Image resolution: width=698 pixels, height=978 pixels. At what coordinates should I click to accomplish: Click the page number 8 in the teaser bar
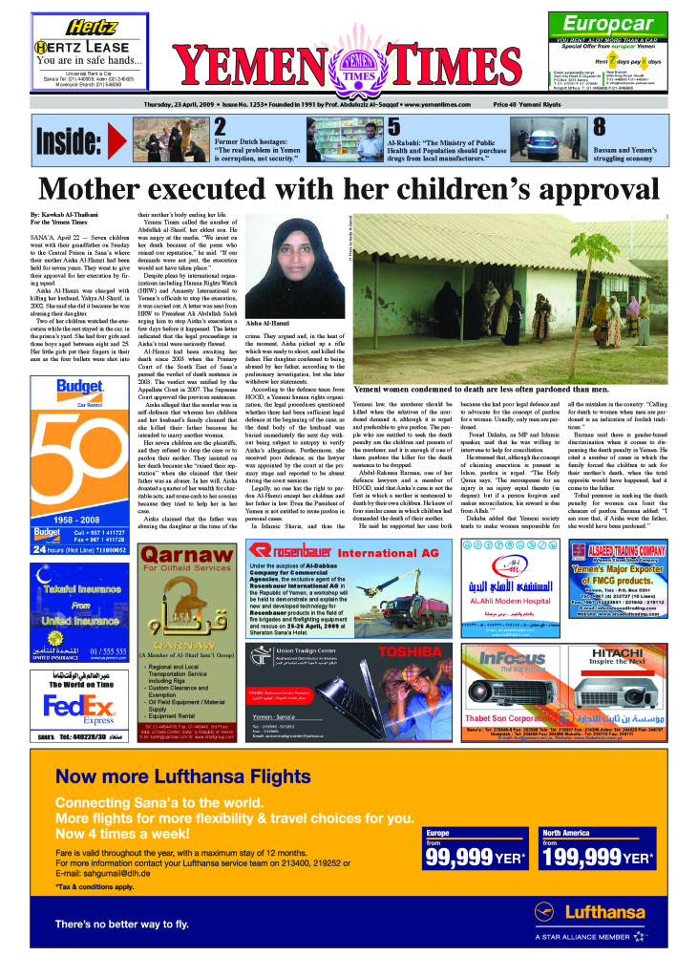click(x=599, y=127)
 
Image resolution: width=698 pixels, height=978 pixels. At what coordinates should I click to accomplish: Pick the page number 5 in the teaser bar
click(x=393, y=127)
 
